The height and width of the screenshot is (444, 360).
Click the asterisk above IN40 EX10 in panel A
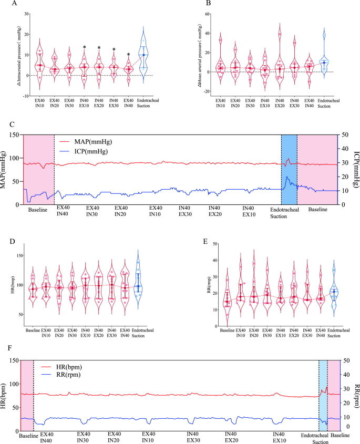click(84, 48)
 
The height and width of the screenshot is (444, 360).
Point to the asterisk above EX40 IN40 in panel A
click(128, 55)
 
